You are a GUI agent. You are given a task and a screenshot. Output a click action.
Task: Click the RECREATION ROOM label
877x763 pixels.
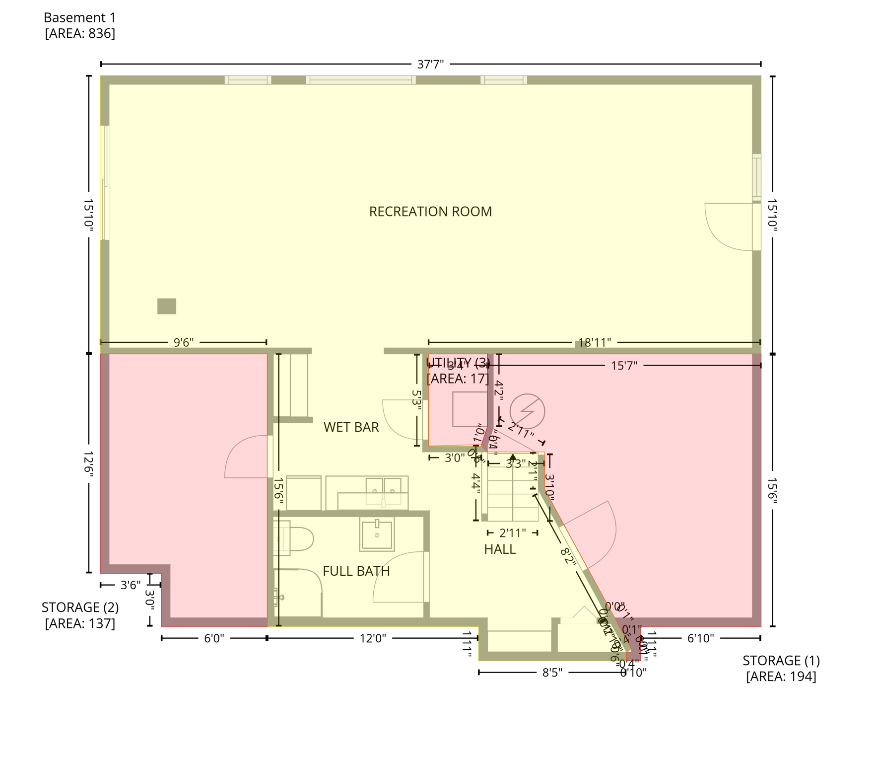click(430, 212)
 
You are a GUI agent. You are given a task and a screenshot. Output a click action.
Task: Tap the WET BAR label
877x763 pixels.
click(351, 427)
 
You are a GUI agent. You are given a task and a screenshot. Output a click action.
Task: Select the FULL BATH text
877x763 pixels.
click(356, 571)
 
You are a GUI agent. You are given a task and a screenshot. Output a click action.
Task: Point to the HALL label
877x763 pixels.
click(499, 549)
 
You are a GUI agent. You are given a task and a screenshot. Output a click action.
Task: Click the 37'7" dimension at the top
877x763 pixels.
click(430, 64)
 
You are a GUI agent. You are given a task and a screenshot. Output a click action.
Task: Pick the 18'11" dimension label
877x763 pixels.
click(595, 343)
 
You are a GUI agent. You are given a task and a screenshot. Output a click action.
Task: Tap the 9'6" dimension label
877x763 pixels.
click(183, 343)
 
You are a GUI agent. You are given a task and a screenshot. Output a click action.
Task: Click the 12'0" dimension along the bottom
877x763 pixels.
click(373, 638)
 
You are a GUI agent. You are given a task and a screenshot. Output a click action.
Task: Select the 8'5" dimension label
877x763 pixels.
click(551, 673)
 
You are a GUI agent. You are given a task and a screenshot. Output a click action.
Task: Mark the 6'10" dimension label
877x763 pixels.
click(700, 638)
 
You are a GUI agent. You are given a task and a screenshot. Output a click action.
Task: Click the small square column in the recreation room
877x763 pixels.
click(167, 306)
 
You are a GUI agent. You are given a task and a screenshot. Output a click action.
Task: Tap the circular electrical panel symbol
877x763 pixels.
click(527, 411)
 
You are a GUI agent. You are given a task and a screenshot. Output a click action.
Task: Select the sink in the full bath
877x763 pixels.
click(377, 534)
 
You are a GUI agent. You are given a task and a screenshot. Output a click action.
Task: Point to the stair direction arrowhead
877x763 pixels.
click(513, 457)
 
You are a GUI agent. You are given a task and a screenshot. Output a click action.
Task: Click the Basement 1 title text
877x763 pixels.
click(79, 18)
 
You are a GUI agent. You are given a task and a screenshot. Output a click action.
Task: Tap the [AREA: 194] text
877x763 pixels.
click(781, 677)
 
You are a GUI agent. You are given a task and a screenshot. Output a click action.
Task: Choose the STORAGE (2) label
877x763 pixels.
click(80, 608)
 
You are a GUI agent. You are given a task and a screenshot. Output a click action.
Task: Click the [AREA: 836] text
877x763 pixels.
click(80, 34)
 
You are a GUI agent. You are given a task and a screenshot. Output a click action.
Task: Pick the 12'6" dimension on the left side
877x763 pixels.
click(89, 464)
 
